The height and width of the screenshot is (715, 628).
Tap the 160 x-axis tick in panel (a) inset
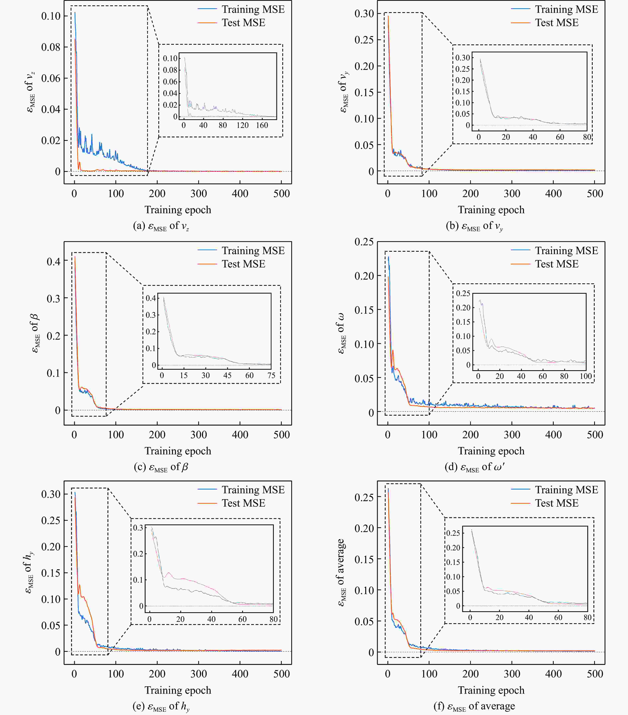pyautogui.click(x=262, y=125)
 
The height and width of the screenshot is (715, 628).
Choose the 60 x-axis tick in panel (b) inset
pyautogui.click(x=560, y=137)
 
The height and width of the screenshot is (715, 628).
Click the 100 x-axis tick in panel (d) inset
pyautogui.click(x=586, y=376)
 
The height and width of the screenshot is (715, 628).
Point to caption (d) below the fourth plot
pyautogui.click(x=474, y=467)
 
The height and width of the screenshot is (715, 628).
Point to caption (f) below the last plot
pyautogui.click(x=474, y=706)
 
